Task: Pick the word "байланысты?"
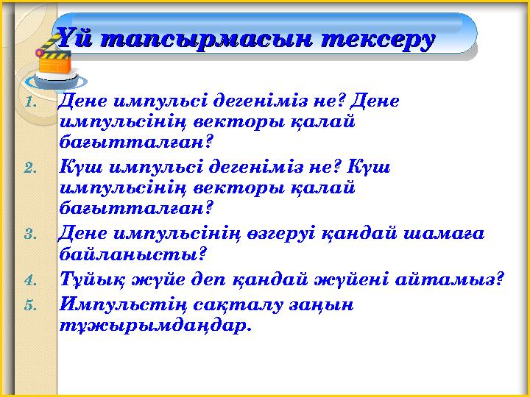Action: point(132,254)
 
